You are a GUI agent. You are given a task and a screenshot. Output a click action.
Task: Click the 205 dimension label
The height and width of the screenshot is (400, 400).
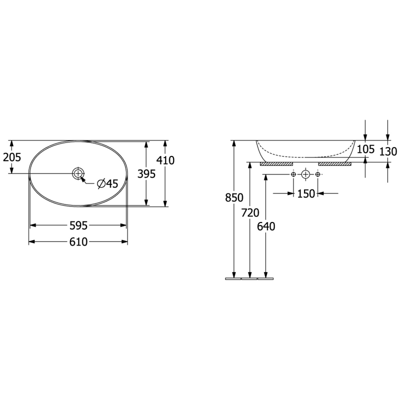tap(12, 157)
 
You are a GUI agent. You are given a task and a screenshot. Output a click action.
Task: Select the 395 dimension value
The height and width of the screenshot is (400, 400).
tap(146, 174)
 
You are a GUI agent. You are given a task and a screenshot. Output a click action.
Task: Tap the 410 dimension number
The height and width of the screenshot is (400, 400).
tap(165, 160)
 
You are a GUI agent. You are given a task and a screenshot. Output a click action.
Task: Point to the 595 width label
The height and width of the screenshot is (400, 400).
tap(78, 225)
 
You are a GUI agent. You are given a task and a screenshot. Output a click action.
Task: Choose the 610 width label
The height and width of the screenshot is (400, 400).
tap(78, 242)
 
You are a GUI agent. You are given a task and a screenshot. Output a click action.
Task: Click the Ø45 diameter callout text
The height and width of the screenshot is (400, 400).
tap(108, 183)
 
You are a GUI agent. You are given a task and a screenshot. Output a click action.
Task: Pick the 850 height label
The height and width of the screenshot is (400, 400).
tap(234, 197)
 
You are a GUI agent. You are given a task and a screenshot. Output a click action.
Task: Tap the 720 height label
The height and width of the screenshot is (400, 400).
tap(250, 212)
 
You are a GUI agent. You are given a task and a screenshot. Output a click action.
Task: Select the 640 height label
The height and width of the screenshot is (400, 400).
tap(266, 226)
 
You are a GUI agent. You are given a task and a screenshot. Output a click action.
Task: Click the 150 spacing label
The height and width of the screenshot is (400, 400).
tap(306, 194)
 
